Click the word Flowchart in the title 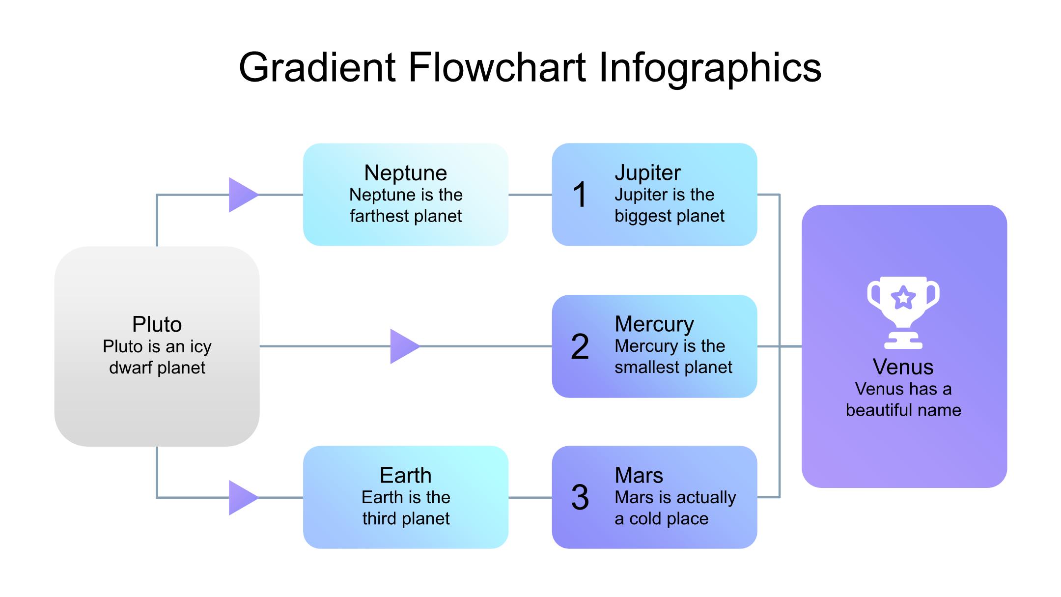498,67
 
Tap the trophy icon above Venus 903,313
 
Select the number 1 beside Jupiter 580,195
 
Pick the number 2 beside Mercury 580,346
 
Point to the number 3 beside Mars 580,497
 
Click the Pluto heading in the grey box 157,324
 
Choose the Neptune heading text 406,173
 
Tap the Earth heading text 406,475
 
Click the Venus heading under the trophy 903,367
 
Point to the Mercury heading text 654,324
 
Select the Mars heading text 639,475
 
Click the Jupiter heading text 647,173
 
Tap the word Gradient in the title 317,67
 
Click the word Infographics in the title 710,69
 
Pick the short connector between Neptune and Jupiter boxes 530,195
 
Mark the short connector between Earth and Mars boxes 530,498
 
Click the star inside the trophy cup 903,297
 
